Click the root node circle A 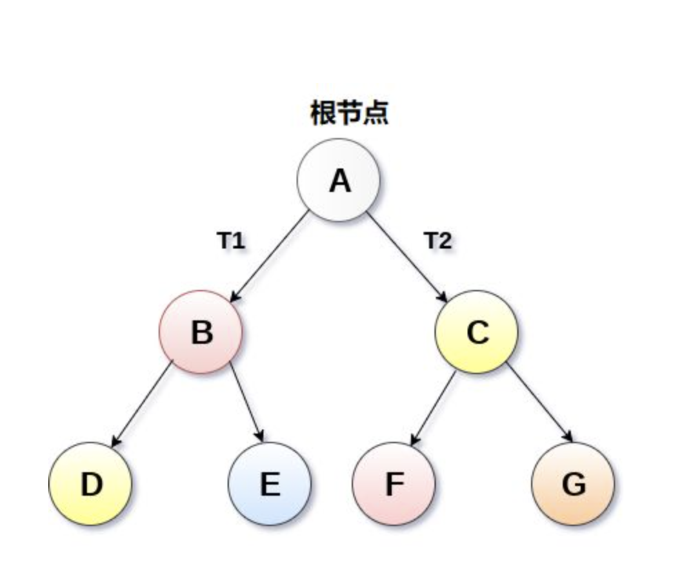pos(339,180)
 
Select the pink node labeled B pos(201,332)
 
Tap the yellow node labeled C pos(477,332)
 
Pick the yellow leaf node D pos(90,484)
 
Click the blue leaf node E pos(270,484)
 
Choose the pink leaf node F pos(394,484)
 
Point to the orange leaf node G pos(573,484)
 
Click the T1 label pos(231,241)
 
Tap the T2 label pos(438,241)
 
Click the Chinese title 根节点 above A pos(350,113)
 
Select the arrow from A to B pos(270,256)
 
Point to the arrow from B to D pos(142,405)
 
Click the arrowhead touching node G pos(570,437)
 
